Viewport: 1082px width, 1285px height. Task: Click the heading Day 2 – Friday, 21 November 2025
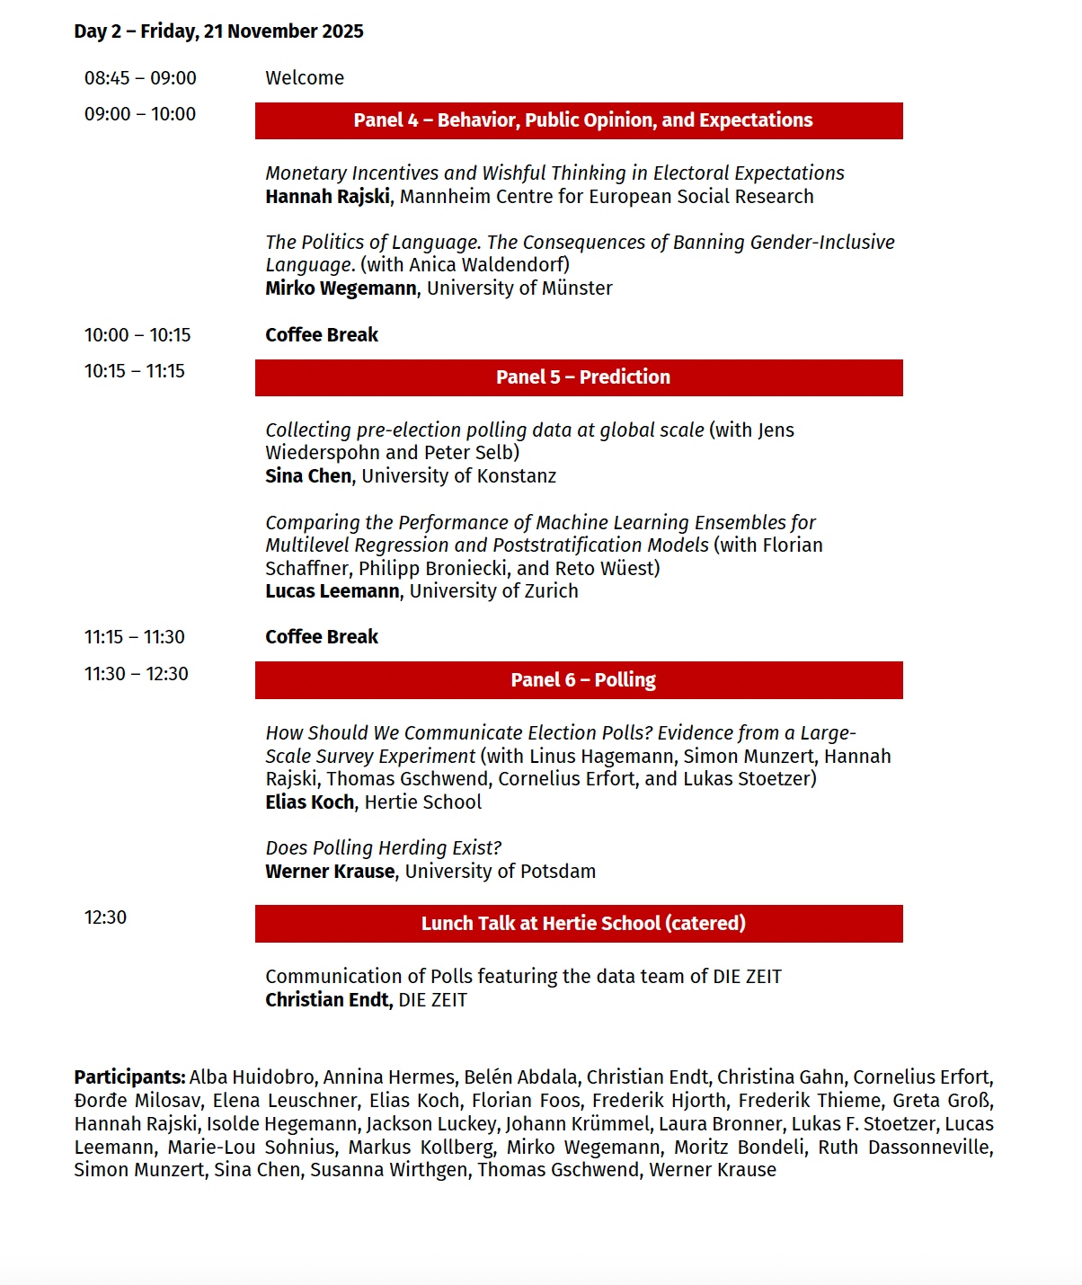tap(218, 31)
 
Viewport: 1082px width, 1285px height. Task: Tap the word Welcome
tap(305, 78)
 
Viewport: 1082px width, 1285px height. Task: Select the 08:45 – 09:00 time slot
tap(140, 78)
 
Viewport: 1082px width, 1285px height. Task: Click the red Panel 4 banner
tap(579, 120)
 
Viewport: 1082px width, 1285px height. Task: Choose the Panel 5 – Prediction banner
tap(579, 377)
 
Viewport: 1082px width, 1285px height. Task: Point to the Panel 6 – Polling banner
tap(579, 680)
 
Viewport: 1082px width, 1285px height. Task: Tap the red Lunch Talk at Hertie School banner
tap(579, 924)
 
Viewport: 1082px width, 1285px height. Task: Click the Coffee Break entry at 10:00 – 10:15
tap(322, 335)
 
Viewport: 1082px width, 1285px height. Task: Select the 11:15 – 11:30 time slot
tap(135, 637)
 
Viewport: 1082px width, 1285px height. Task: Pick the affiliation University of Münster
tap(519, 288)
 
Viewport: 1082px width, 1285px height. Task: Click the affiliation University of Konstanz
tap(458, 476)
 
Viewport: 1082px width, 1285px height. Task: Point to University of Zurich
tap(493, 591)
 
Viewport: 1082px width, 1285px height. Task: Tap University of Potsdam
tap(500, 872)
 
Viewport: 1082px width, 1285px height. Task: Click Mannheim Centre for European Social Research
tap(607, 197)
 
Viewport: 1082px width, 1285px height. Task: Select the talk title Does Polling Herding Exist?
tap(383, 848)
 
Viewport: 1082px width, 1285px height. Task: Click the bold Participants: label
tap(129, 1077)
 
